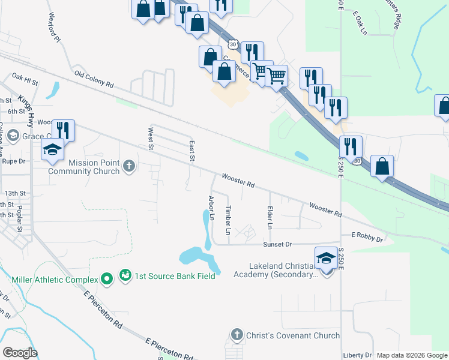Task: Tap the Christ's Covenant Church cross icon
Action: pyautogui.click(x=237, y=335)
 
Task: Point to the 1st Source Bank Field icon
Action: pyautogui.click(x=125, y=275)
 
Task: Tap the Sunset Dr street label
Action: pyautogui.click(x=277, y=245)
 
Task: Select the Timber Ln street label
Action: pyautogui.click(x=228, y=220)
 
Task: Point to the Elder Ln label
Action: pyautogui.click(x=270, y=218)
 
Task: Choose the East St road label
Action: pyautogui.click(x=193, y=151)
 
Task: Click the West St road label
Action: pyautogui.click(x=152, y=136)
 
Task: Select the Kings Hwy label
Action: pyautogui.click(x=26, y=110)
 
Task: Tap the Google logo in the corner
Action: pyautogui.click(x=20, y=352)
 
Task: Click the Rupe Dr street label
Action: pyautogui.click(x=13, y=161)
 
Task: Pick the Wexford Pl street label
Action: pyautogui.click(x=55, y=28)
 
